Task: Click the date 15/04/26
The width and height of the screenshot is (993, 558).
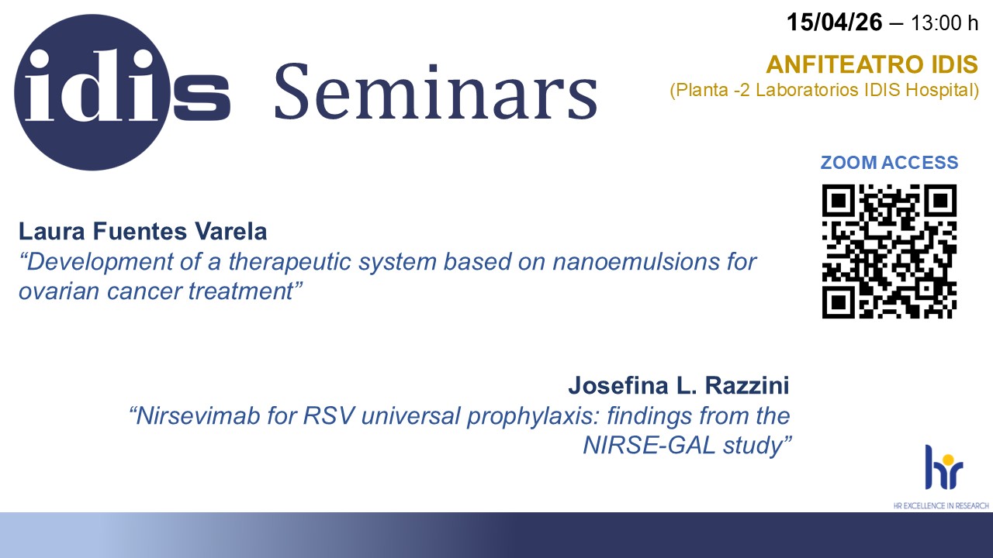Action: click(x=834, y=22)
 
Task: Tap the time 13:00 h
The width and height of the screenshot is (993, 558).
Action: click(x=944, y=23)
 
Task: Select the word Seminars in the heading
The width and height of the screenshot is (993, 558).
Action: click(x=436, y=91)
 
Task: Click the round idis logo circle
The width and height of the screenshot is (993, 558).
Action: click(x=92, y=92)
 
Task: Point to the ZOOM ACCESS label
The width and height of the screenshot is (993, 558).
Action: click(x=889, y=163)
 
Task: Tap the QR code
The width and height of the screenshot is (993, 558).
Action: click(x=889, y=251)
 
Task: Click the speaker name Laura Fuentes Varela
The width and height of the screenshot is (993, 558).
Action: click(x=143, y=231)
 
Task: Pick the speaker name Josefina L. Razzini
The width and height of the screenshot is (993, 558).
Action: click(x=679, y=385)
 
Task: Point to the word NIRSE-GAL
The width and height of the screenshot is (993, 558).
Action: click(x=649, y=445)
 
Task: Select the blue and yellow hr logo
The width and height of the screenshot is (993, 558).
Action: click(x=944, y=467)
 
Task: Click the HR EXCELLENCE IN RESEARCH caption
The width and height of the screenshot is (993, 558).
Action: click(x=941, y=506)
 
